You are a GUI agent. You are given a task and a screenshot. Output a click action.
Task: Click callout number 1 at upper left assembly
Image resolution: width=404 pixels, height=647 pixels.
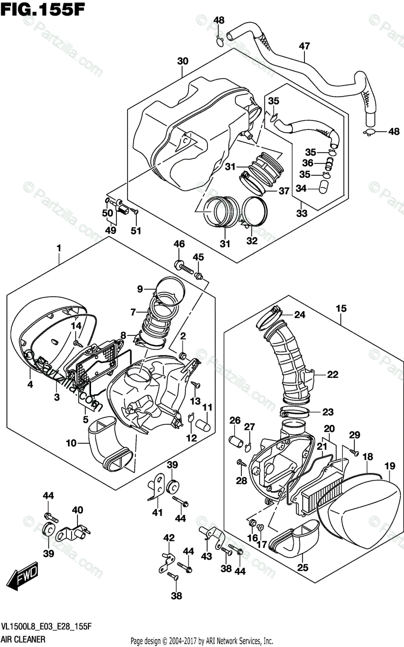pyautogui.click(x=59, y=249)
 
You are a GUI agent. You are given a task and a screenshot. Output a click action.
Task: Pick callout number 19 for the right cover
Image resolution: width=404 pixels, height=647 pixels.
pyautogui.click(x=390, y=465)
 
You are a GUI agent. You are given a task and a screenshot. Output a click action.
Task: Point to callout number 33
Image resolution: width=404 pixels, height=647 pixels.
pyautogui.click(x=301, y=214)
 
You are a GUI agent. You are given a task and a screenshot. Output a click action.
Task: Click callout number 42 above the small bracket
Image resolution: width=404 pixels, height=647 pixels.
pyautogui.click(x=169, y=538)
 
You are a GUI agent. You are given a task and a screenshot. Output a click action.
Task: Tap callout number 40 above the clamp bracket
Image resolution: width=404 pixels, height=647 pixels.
pyautogui.click(x=77, y=510)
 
